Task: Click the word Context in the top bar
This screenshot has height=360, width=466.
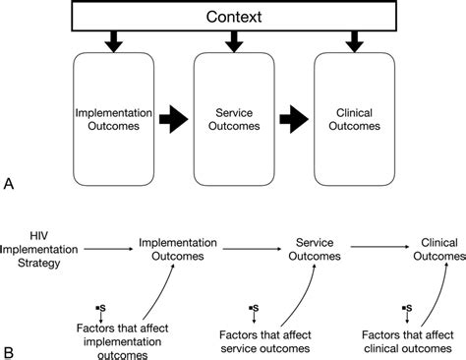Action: [x=234, y=17]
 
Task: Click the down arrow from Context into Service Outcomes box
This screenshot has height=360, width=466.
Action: [x=234, y=41]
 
